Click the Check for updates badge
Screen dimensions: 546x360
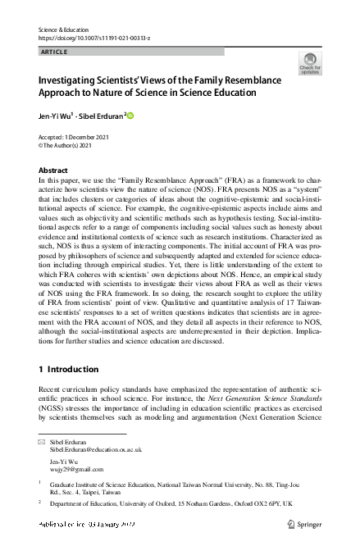[310, 62]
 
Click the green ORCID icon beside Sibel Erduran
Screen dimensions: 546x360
[130, 116]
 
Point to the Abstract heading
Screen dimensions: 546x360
[54, 170]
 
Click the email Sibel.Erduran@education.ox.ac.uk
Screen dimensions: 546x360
[95, 450]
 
